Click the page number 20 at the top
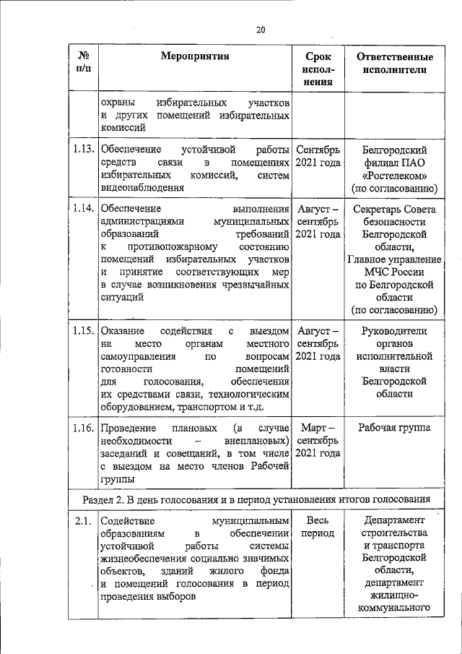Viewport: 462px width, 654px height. click(x=261, y=30)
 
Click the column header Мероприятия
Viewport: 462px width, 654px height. click(x=195, y=57)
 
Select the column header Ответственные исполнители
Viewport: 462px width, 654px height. click(x=395, y=64)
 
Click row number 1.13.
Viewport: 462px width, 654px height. click(x=83, y=150)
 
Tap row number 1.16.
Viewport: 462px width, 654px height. click(x=83, y=428)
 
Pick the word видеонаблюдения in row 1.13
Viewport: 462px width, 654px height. click(x=142, y=188)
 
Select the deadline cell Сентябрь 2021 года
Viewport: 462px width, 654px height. click(x=318, y=156)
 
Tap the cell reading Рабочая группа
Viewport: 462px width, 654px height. click(x=395, y=428)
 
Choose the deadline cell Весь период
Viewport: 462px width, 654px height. click(x=318, y=527)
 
